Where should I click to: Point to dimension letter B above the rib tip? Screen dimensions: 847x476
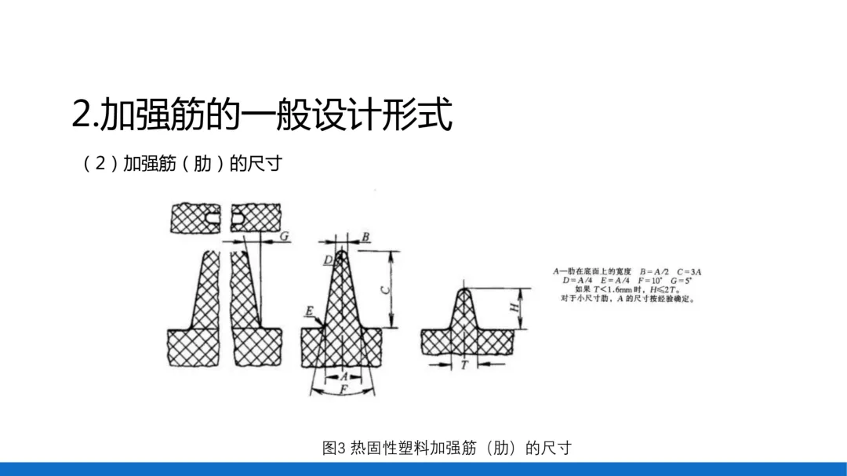pyautogui.click(x=365, y=237)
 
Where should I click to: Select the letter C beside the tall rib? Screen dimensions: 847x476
pyautogui.click(x=384, y=289)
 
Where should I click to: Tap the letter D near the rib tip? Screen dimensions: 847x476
pyautogui.click(x=327, y=260)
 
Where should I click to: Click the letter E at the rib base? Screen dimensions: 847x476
pyautogui.click(x=310, y=312)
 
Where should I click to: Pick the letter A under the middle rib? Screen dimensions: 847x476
pyautogui.click(x=343, y=376)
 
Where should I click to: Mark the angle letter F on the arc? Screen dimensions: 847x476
pyautogui.click(x=343, y=388)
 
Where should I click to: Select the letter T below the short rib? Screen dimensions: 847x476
pyautogui.click(x=464, y=365)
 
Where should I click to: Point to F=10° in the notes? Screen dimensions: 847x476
pyautogui.click(x=654, y=280)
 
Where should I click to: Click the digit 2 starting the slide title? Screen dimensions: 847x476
pyautogui.click(x=81, y=115)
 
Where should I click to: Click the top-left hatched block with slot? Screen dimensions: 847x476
pyautogui.click(x=197, y=217)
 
